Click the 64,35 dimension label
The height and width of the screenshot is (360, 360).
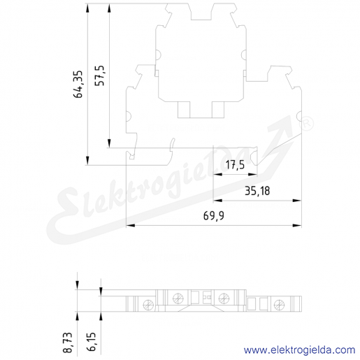coord(78,84)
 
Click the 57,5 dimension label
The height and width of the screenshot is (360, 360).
coord(100,75)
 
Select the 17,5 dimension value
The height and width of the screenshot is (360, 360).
coord(236,165)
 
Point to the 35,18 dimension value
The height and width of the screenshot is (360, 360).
coord(257,191)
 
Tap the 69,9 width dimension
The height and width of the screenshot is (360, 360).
coord(214,215)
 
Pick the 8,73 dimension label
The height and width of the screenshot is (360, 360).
coord(68,343)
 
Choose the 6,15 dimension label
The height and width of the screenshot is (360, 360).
coord(92,343)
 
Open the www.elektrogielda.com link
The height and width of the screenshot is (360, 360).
coord(299,350)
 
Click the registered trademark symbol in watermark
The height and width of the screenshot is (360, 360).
coord(306,124)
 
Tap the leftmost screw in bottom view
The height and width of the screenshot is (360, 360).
coord(148,305)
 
